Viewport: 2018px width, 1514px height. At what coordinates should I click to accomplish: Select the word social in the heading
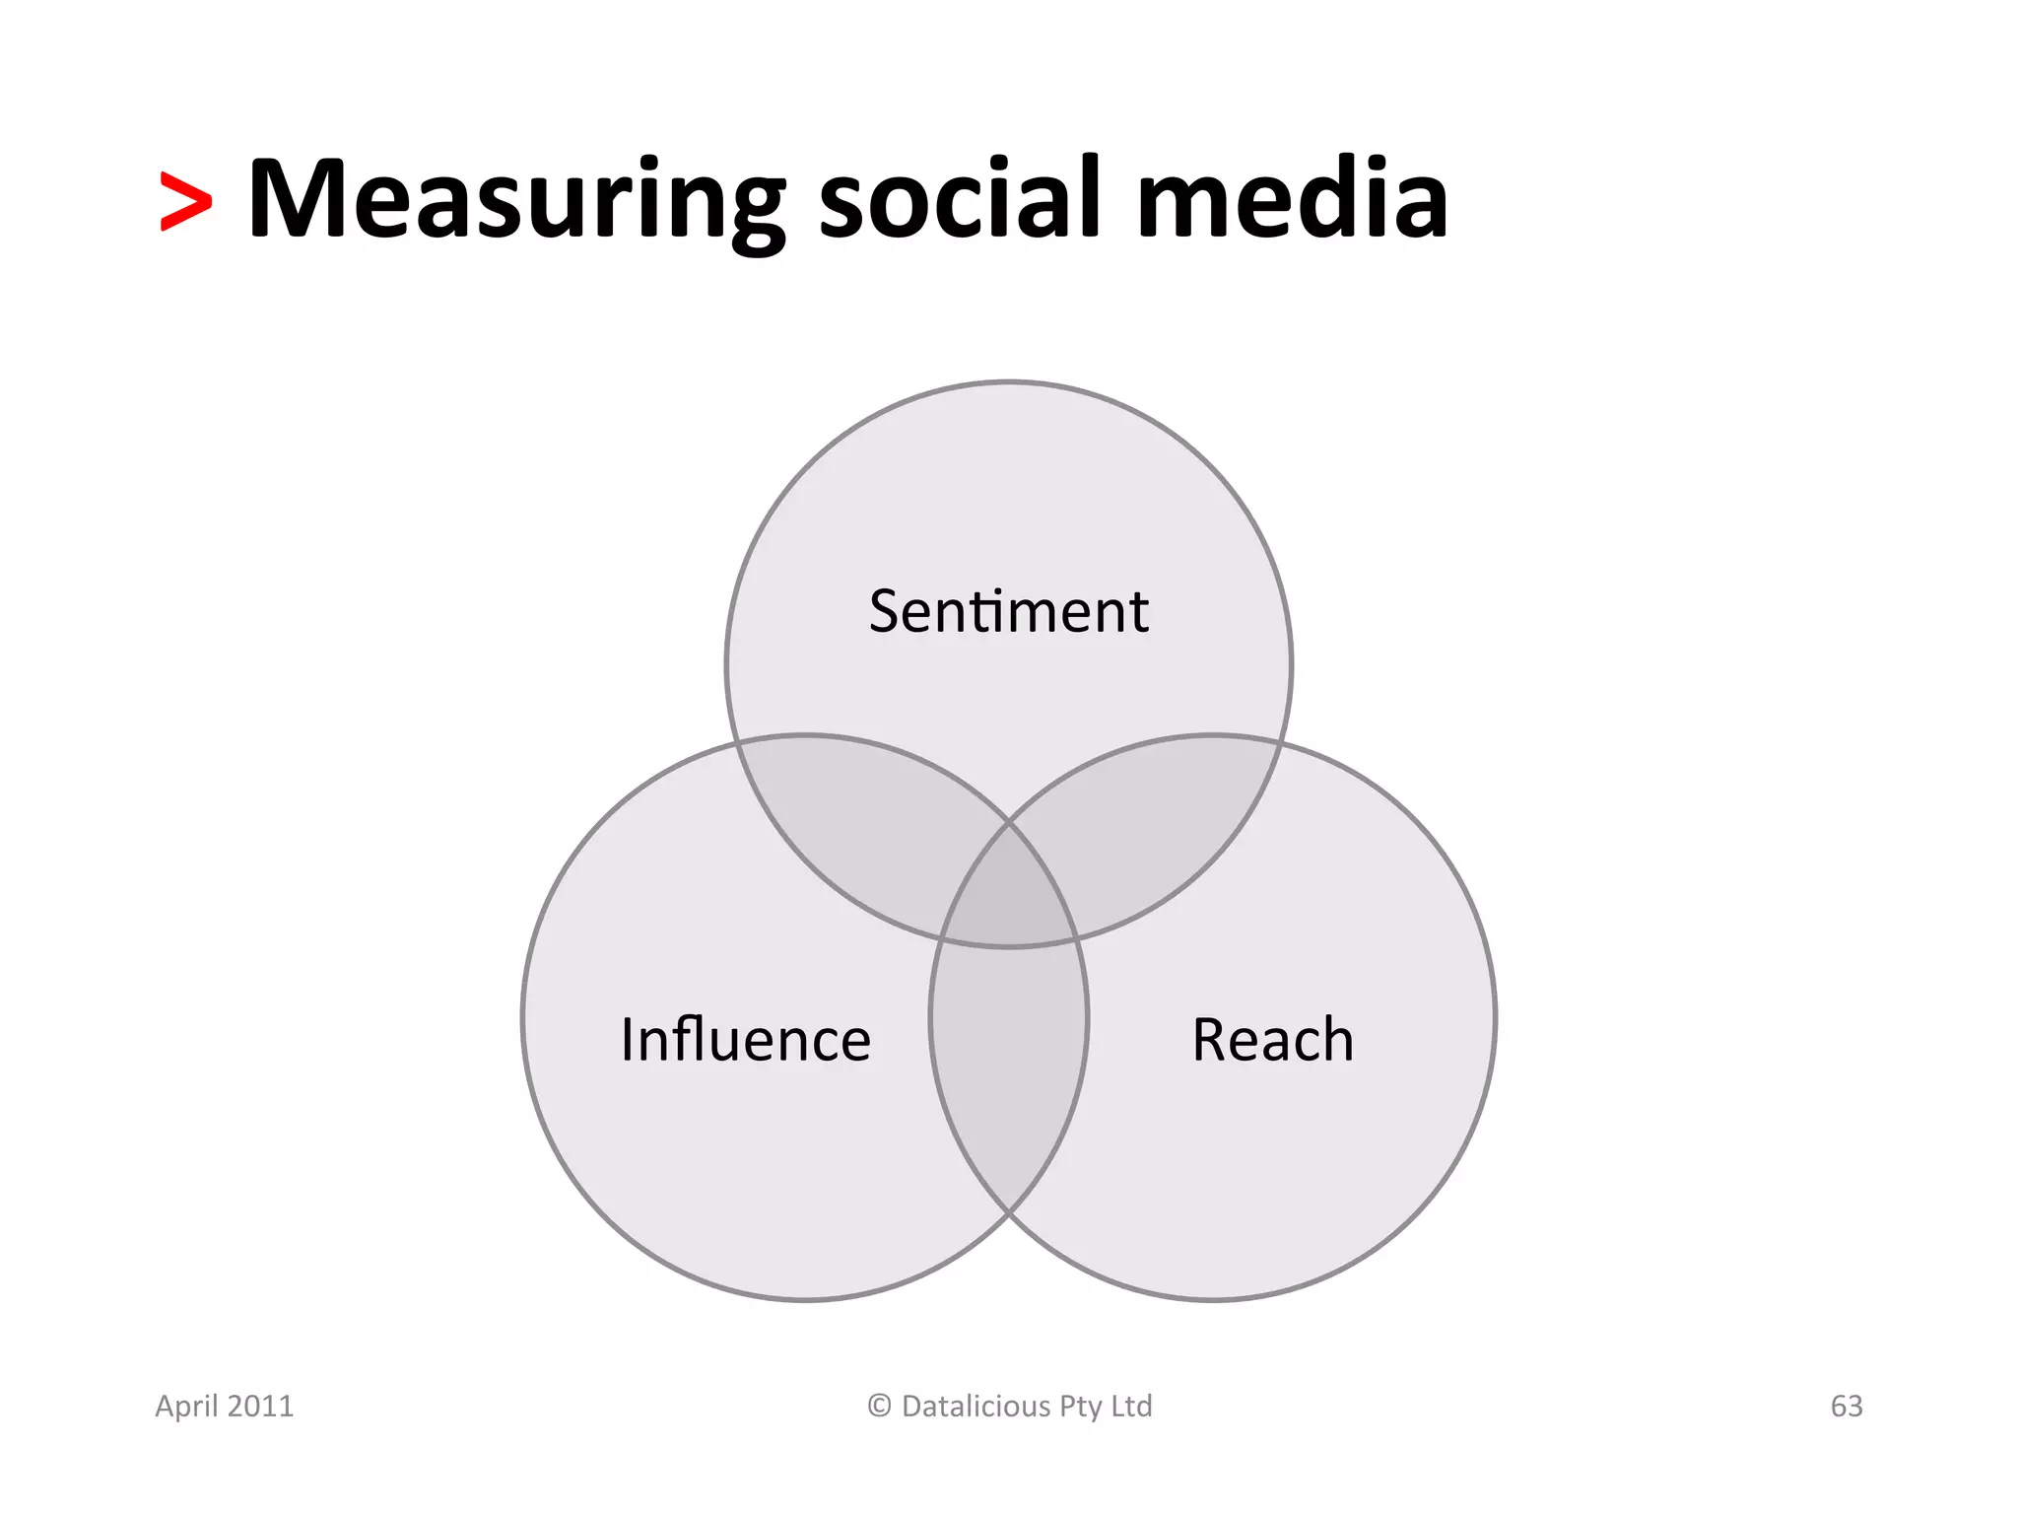(959, 200)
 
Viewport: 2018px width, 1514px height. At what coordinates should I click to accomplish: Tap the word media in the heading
(1292, 200)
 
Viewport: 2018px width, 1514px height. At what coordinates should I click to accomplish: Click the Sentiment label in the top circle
(1008, 611)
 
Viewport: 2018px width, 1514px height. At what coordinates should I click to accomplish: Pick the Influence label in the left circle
(746, 1040)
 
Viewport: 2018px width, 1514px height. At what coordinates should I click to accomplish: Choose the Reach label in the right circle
(1272, 1040)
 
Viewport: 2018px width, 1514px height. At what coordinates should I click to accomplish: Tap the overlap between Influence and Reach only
(1009, 1065)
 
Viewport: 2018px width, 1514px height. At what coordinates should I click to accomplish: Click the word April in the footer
(186, 1407)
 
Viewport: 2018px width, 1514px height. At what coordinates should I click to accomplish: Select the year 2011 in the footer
(260, 1407)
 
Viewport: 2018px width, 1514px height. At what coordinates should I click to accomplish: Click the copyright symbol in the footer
(879, 1406)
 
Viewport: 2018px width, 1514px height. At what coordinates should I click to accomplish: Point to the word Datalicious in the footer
(976, 1407)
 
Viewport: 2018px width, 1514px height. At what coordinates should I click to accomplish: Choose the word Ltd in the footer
(1131, 1406)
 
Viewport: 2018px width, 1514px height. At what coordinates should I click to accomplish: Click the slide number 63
(1847, 1407)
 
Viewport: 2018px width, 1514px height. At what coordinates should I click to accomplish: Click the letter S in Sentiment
(886, 611)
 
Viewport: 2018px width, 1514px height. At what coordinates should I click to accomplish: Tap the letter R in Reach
(1210, 1040)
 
